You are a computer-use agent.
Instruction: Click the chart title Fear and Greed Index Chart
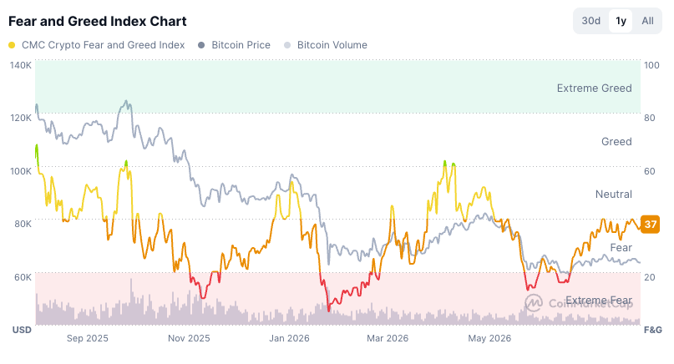click(98, 21)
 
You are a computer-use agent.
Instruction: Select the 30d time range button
click(591, 21)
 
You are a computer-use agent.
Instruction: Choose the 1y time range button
click(621, 21)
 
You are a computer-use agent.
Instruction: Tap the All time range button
click(647, 21)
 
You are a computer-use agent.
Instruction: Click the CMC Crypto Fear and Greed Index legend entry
click(97, 45)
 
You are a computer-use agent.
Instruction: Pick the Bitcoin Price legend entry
click(234, 45)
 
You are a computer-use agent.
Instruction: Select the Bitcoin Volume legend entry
click(326, 45)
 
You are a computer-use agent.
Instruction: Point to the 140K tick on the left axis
click(21, 65)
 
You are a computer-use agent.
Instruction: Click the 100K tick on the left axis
click(21, 171)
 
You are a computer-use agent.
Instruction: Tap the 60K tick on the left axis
click(23, 277)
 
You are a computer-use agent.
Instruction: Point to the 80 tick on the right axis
click(649, 118)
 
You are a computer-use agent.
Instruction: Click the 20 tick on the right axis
click(649, 277)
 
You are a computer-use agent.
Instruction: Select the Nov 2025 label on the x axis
click(189, 338)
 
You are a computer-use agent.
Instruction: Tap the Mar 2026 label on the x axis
click(388, 338)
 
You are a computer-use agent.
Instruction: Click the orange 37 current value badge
click(650, 225)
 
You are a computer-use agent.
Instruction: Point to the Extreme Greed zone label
click(594, 88)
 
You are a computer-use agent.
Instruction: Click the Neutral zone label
click(613, 195)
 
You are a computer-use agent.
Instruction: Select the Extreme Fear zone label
click(599, 300)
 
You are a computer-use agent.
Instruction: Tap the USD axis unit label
click(22, 330)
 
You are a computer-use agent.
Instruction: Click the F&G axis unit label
click(652, 330)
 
